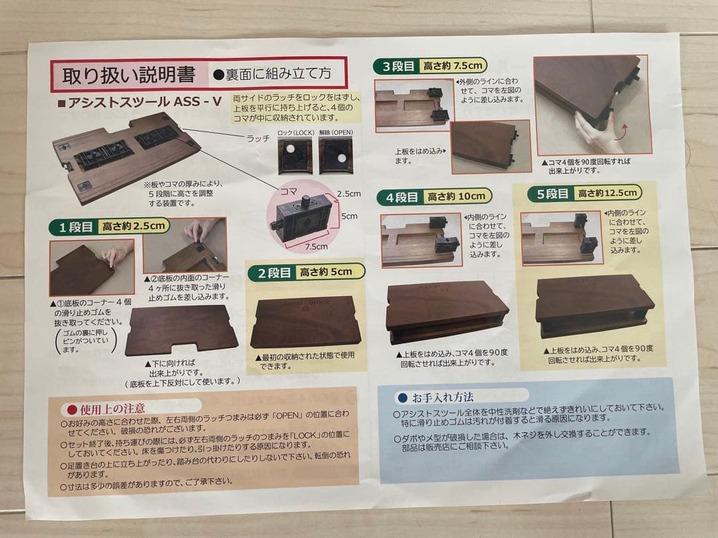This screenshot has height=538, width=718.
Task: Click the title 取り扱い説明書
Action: [x=129, y=74]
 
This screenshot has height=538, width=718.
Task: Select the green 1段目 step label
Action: [x=76, y=227]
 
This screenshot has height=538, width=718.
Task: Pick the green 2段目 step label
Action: [x=273, y=272]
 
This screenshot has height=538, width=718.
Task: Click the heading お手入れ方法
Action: [x=442, y=398]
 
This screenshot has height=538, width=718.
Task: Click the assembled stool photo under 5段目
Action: [x=593, y=306]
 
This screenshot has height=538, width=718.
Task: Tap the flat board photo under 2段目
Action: [x=305, y=322]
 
